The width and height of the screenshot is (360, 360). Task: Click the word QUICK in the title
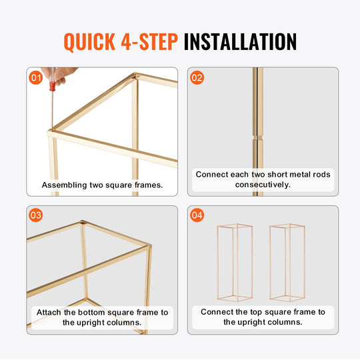(89, 41)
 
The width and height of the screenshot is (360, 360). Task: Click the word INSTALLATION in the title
(240, 41)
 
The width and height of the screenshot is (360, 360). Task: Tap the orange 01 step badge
(36, 77)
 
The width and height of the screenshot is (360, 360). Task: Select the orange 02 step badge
(197, 77)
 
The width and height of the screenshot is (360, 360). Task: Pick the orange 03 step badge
(36, 215)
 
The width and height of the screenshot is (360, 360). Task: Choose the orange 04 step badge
(197, 215)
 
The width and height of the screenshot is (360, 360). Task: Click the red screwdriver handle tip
(53, 87)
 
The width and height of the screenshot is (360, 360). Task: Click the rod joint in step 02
(258, 137)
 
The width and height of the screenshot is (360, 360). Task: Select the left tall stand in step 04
(235, 263)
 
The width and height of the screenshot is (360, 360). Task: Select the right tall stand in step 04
(287, 263)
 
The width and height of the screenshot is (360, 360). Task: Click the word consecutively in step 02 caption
(263, 185)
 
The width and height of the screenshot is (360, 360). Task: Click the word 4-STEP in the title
(149, 41)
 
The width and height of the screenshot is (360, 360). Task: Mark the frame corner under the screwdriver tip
(51, 132)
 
